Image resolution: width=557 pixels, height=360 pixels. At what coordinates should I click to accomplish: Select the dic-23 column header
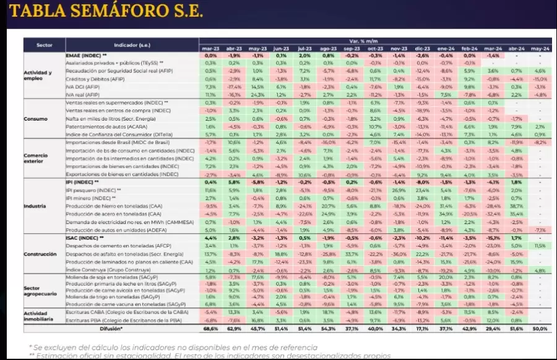422,48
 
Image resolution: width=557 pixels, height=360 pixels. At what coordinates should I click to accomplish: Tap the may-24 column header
540,48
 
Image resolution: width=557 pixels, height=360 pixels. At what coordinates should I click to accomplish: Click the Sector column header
44,45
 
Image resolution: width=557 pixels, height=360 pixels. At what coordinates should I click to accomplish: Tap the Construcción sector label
40,254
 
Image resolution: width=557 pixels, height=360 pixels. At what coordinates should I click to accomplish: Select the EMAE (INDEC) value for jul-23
304,55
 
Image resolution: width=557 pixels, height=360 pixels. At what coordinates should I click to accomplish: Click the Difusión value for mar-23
210,328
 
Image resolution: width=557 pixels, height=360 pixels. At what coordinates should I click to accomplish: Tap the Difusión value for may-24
540,328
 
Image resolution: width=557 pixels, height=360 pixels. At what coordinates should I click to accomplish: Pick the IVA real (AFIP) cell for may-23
257,95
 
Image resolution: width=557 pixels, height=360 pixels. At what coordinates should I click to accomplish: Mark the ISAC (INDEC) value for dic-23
422,238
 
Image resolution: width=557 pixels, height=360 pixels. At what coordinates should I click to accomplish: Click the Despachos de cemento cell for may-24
540,246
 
